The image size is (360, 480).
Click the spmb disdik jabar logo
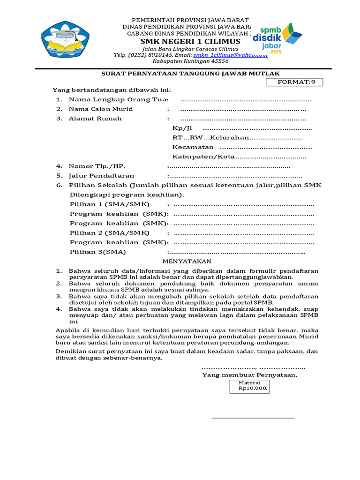pos(277,38)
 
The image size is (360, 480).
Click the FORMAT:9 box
pos(294,82)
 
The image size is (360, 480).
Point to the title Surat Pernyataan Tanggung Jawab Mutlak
pos(191,73)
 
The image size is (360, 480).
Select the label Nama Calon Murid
pos(100,109)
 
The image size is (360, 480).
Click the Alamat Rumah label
pos(95,118)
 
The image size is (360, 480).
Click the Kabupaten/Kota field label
pos(203,157)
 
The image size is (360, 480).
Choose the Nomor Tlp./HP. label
pos(97,166)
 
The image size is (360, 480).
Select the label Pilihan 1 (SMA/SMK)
pos(109,204)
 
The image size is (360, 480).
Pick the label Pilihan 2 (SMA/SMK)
pos(109,232)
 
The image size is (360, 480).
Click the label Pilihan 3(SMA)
pos(97,252)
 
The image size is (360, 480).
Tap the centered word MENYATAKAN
pos(187,261)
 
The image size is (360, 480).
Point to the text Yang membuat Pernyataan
pos(249,375)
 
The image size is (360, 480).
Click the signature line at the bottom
pos(253,417)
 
